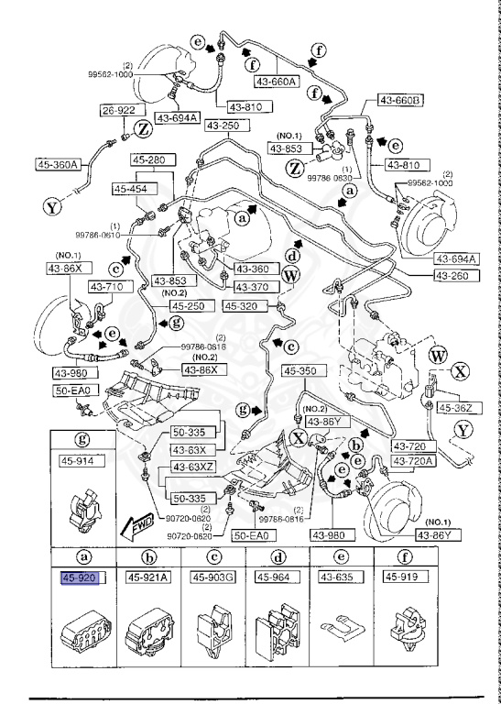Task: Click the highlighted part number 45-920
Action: coord(81,577)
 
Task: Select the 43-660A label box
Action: coord(277,81)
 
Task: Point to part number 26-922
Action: coord(116,111)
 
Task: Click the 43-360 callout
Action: coord(247,269)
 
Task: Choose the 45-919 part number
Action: coord(401,577)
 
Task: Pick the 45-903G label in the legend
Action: coord(212,577)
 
